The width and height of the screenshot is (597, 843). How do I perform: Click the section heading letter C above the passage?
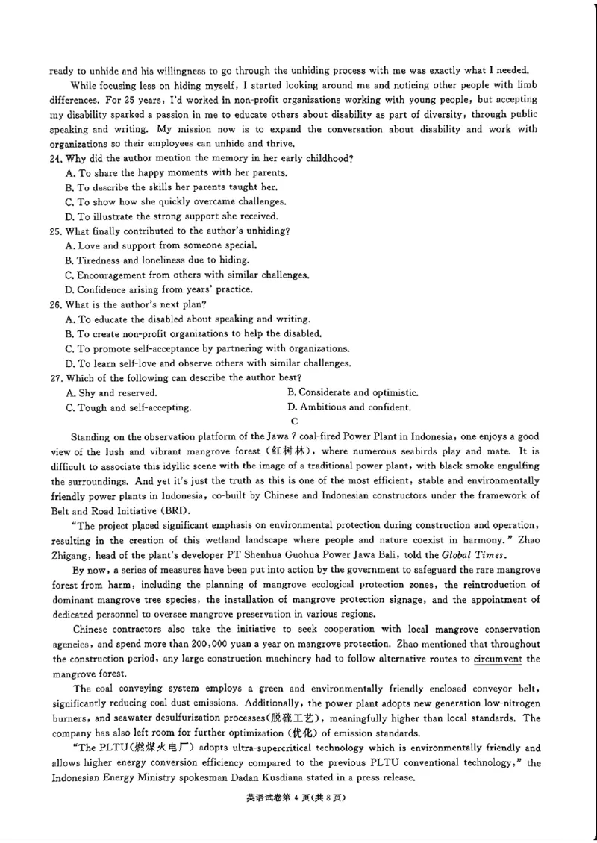coord(293,421)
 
